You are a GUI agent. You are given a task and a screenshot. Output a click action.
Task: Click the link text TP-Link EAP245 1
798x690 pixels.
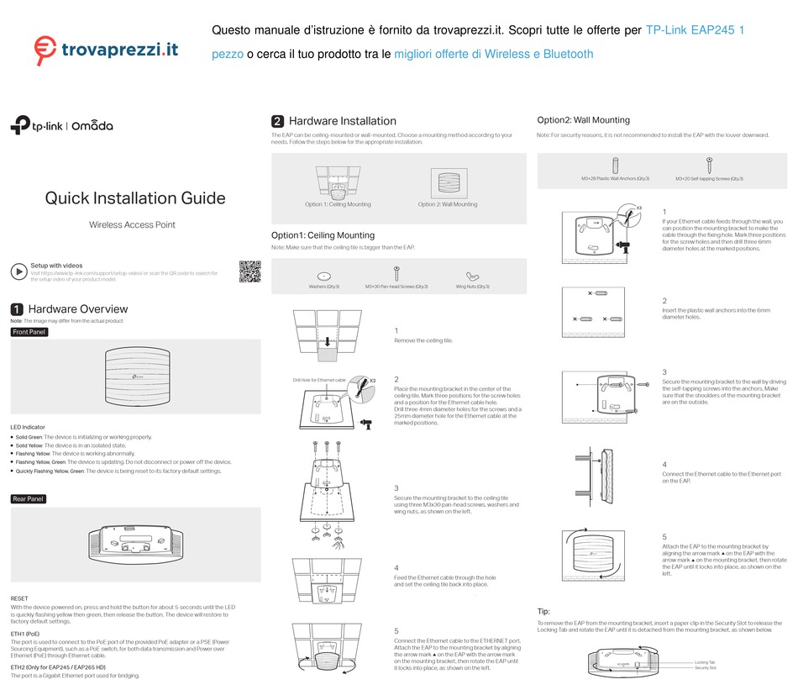(x=695, y=31)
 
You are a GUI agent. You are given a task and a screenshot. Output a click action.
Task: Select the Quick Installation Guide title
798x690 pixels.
(x=134, y=198)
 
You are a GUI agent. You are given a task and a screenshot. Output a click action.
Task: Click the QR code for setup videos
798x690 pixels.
(x=249, y=271)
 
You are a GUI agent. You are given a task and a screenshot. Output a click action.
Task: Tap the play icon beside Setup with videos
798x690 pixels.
(x=18, y=271)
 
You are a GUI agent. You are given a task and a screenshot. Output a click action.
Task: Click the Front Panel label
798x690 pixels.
(x=29, y=332)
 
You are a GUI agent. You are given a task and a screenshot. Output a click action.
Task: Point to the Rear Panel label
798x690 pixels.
(x=29, y=499)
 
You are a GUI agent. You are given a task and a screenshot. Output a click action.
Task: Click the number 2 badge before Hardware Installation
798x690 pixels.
(x=277, y=121)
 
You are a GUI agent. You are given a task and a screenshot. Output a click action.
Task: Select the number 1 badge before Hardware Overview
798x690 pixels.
(x=16, y=309)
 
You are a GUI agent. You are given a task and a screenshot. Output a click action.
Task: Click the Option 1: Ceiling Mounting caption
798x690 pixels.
(x=338, y=204)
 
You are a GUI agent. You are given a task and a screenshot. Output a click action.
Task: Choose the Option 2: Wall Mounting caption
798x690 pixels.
(x=448, y=204)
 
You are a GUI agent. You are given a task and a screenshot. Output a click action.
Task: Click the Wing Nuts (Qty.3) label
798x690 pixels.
(x=473, y=287)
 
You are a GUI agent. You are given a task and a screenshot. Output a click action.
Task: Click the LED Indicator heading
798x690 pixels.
(x=28, y=427)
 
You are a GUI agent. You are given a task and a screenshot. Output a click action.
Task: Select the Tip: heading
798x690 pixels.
(x=543, y=611)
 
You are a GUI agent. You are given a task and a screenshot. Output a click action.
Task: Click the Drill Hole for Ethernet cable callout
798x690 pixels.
(x=319, y=381)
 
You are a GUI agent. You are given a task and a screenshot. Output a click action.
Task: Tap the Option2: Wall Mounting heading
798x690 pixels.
(x=583, y=120)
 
